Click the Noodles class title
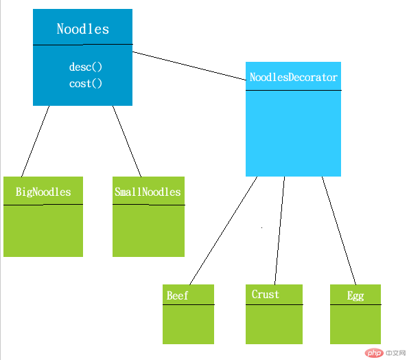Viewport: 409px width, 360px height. click(82, 29)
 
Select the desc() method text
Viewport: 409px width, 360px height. click(86, 67)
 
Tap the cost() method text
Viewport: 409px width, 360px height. click(86, 84)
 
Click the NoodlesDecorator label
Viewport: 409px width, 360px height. click(294, 77)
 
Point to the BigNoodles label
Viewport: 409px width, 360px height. click(43, 192)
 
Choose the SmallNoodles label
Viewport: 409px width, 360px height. click(148, 192)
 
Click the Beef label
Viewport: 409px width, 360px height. click(177, 295)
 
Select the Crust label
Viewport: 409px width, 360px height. click(266, 294)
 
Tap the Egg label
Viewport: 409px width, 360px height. click(355, 296)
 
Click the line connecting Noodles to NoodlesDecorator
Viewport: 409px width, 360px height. click(189, 66)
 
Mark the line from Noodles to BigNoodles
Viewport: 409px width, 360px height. click(35, 142)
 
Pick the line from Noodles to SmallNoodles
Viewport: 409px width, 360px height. click(127, 142)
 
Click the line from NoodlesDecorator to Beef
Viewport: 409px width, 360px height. click(223, 231)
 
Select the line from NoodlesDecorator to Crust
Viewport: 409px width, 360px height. click(279, 231)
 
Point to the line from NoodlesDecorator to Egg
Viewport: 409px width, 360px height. click(339, 231)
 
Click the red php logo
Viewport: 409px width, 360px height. click(374, 353)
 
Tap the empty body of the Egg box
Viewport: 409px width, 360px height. click(355, 324)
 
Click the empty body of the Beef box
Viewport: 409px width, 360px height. click(188, 324)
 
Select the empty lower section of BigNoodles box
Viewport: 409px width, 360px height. click(43, 231)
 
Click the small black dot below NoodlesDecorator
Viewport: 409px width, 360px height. click(262, 227)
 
